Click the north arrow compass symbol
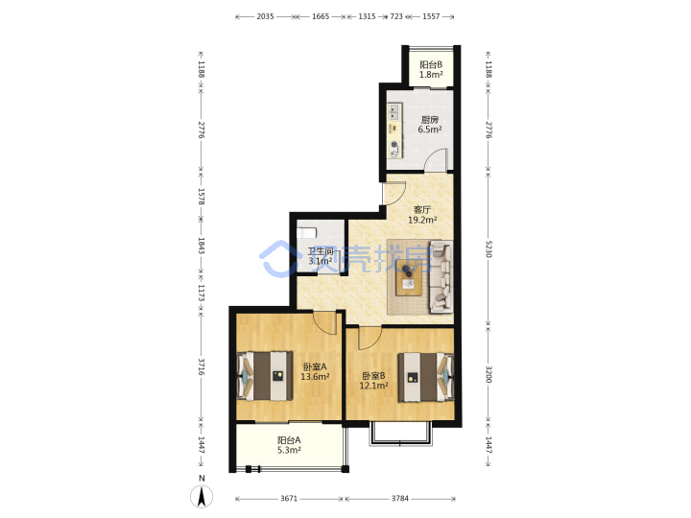pos(202,496)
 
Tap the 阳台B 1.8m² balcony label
pos(431,70)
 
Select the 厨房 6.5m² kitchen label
pos(430,124)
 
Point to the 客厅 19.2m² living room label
pos(422,215)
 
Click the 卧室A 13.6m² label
pos(315,371)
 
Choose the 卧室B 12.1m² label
pos(373,381)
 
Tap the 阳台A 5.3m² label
pos(289,445)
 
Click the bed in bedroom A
pos(265,376)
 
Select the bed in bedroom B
pos(426,378)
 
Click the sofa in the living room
pos(441,276)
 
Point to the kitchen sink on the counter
pos(394,111)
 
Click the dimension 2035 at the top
pos(265,16)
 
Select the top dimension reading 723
pos(396,16)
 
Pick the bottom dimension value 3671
pos(289,498)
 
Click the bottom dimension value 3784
pos(400,498)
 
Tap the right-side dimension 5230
pos(488,248)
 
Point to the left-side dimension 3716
pos(201,366)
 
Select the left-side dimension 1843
pos(201,246)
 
